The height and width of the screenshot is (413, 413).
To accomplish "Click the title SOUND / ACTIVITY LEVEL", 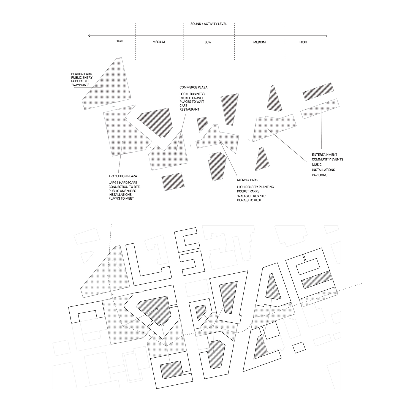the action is click(x=209, y=24).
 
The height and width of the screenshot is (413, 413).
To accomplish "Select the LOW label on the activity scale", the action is click(x=208, y=42).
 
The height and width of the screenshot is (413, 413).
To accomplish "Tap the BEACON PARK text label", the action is click(x=82, y=74).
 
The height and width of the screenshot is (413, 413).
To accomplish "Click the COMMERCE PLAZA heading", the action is click(x=193, y=87).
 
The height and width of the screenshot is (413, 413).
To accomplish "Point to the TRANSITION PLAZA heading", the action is click(x=123, y=176).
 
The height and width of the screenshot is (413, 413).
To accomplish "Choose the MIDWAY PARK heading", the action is click(x=247, y=180).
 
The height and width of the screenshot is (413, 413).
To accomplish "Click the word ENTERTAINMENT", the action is click(x=324, y=155).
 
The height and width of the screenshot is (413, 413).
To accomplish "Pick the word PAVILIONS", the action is click(x=319, y=175).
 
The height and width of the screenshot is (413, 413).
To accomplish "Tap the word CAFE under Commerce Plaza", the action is click(x=183, y=106).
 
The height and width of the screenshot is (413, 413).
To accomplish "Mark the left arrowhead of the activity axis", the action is click(x=89, y=36).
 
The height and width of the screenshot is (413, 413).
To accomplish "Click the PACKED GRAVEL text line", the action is click(x=192, y=98).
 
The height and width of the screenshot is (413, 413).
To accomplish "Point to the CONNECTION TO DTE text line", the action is click(x=124, y=187).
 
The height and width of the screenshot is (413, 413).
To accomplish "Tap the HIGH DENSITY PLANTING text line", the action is click(x=255, y=187).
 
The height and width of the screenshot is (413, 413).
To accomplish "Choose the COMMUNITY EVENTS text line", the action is click(x=327, y=159).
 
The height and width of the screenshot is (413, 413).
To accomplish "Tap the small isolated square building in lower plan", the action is click(x=299, y=347).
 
